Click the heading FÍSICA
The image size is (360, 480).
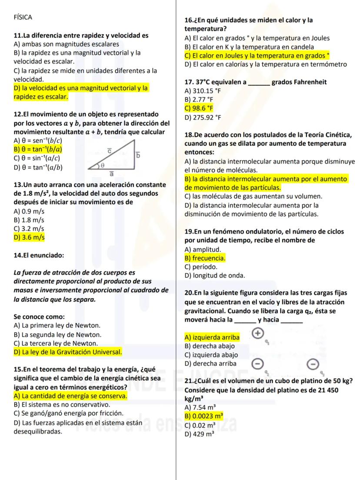point(23,17)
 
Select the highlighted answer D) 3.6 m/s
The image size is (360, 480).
point(29,237)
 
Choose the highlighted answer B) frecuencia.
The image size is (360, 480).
point(205,258)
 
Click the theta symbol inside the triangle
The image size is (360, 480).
point(103,166)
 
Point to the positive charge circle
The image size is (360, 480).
point(257,333)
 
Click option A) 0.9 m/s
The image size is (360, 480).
point(29,211)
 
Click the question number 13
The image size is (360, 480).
point(18,185)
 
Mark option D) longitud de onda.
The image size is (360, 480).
point(215,275)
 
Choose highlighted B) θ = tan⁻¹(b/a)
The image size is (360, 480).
point(38,149)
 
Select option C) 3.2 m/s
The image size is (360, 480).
point(29,229)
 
